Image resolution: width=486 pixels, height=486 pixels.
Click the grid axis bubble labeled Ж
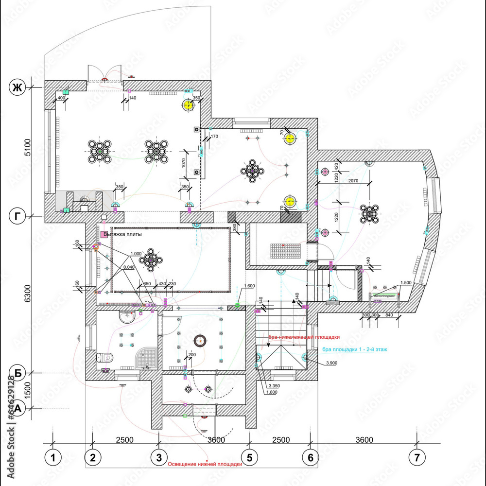tap(17, 87)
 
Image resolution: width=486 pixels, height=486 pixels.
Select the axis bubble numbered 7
tap(417, 457)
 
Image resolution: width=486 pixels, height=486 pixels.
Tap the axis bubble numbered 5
tap(249, 457)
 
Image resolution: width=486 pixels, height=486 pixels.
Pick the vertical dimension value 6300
tap(28, 294)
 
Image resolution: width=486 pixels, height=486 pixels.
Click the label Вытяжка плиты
tap(127, 234)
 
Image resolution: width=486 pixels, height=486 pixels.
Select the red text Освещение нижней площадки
tap(205, 464)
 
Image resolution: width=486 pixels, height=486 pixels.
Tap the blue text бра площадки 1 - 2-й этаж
tap(354, 349)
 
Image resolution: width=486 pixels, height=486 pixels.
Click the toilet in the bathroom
tap(105, 358)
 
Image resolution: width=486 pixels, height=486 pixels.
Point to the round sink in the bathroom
tap(128, 318)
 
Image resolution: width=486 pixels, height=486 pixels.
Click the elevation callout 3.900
tap(332, 363)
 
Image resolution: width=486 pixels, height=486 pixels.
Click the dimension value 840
tap(388, 315)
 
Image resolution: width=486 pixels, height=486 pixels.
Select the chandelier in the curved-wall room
tap(369, 212)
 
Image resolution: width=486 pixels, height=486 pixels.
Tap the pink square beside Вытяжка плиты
tap(104, 235)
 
